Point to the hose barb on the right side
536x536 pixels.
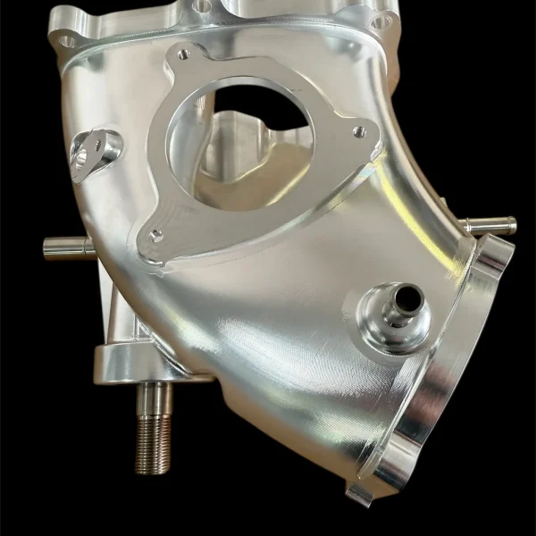coord(490,226)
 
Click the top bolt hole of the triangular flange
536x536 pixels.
coord(185,54)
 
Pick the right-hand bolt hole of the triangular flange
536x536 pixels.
coord(358,132)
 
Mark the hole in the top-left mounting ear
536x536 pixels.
coord(65,39)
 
